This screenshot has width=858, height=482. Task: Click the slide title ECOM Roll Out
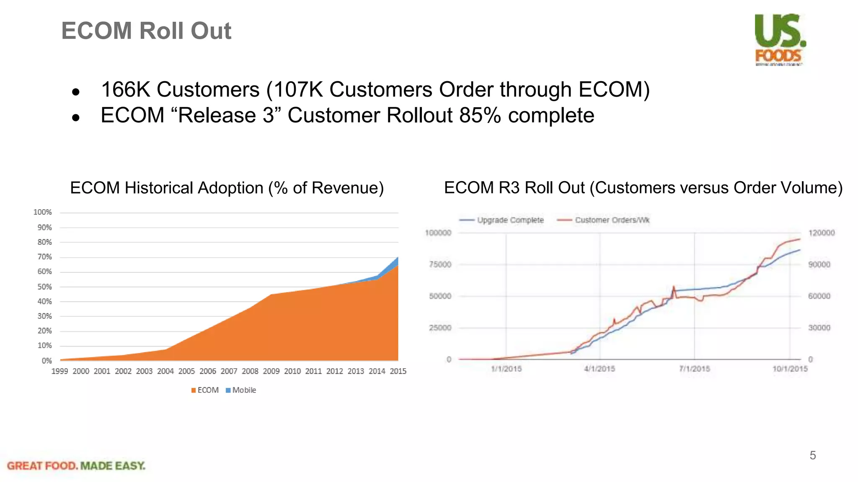[x=146, y=31]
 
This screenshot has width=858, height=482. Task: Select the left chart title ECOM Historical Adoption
[x=227, y=188]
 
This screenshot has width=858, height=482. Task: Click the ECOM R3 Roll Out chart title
[x=643, y=188]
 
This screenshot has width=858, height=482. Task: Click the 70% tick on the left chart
[x=44, y=257]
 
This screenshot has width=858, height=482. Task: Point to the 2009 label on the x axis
[x=271, y=371]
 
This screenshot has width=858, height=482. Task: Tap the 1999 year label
[x=59, y=371]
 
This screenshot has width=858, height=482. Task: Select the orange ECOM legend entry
[x=205, y=390]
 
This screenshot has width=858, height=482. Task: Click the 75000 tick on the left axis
[x=440, y=264]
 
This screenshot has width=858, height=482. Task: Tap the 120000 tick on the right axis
[x=821, y=233]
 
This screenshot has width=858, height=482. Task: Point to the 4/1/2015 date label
[x=600, y=369]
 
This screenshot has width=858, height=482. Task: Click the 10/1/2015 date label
[x=790, y=369]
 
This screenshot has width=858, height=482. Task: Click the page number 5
[x=813, y=455]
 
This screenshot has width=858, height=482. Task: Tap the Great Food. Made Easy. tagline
[x=76, y=466]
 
